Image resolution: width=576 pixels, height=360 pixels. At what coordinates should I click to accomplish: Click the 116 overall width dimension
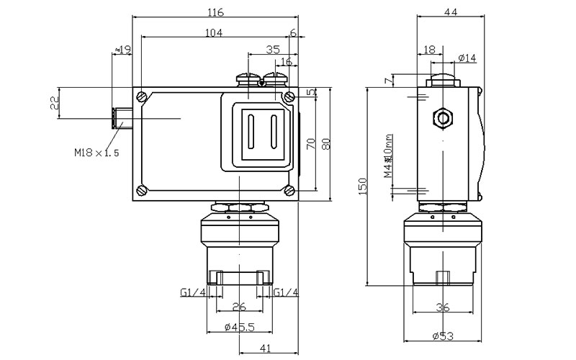215,12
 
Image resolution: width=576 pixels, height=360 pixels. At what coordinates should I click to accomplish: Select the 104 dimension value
214,32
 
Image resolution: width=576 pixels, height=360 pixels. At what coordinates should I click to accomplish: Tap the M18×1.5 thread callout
95,153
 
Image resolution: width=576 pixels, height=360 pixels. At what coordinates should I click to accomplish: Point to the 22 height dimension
54,103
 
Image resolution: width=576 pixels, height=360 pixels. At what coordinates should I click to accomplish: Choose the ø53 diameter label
442,336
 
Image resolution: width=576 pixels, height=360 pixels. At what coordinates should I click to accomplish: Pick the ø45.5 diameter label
238,328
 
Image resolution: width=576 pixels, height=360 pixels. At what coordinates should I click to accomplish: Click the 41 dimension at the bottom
265,349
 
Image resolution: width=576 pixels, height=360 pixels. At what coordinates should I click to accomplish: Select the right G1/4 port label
286,292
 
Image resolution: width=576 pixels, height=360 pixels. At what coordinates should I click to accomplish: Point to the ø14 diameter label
467,58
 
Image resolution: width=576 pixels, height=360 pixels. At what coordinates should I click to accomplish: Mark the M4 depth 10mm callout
387,156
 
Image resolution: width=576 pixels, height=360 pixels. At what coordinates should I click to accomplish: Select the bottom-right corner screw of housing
289,190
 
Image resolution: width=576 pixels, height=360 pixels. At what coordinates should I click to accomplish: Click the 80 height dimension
325,143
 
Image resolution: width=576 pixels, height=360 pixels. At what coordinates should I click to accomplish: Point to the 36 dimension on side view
443,307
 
